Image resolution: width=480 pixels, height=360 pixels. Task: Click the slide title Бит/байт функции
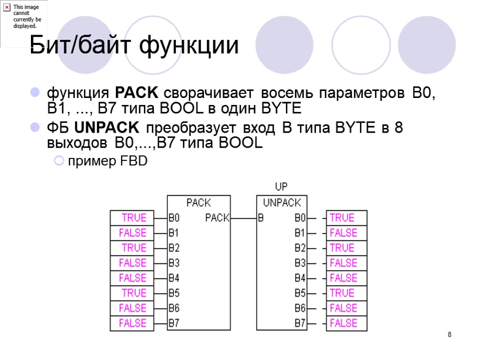(x=134, y=46)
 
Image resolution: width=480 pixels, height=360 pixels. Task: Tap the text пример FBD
(x=108, y=162)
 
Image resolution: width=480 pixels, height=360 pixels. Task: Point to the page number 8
(x=450, y=335)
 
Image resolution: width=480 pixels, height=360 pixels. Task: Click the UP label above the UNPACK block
(x=281, y=187)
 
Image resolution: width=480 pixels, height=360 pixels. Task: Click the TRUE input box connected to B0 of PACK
(x=132, y=218)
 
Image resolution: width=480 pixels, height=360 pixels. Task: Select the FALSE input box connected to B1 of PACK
(x=132, y=233)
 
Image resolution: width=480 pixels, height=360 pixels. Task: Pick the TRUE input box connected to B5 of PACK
(x=132, y=293)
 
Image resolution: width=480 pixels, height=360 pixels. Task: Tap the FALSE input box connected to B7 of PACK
(x=132, y=323)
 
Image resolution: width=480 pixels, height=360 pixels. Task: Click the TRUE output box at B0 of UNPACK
(x=346, y=218)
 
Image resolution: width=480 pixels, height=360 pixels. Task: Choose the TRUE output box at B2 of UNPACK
(x=346, y=248)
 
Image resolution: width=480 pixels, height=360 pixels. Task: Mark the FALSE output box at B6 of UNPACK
(x=346, y=308)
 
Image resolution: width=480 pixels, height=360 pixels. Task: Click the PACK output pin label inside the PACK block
(x=217, y=218)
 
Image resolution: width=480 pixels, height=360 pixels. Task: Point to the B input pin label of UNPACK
(x=261, y=218)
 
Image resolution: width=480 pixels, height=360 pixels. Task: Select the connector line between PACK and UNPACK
(x=243, y=218)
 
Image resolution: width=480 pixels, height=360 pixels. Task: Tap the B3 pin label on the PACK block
(x=174, y=263)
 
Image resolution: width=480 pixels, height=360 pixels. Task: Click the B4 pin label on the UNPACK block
(x=300, y=278)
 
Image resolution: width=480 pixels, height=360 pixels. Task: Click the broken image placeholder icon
(x=7, y=7)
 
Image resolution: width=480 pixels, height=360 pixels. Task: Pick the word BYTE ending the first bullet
(x=282, y=109)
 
